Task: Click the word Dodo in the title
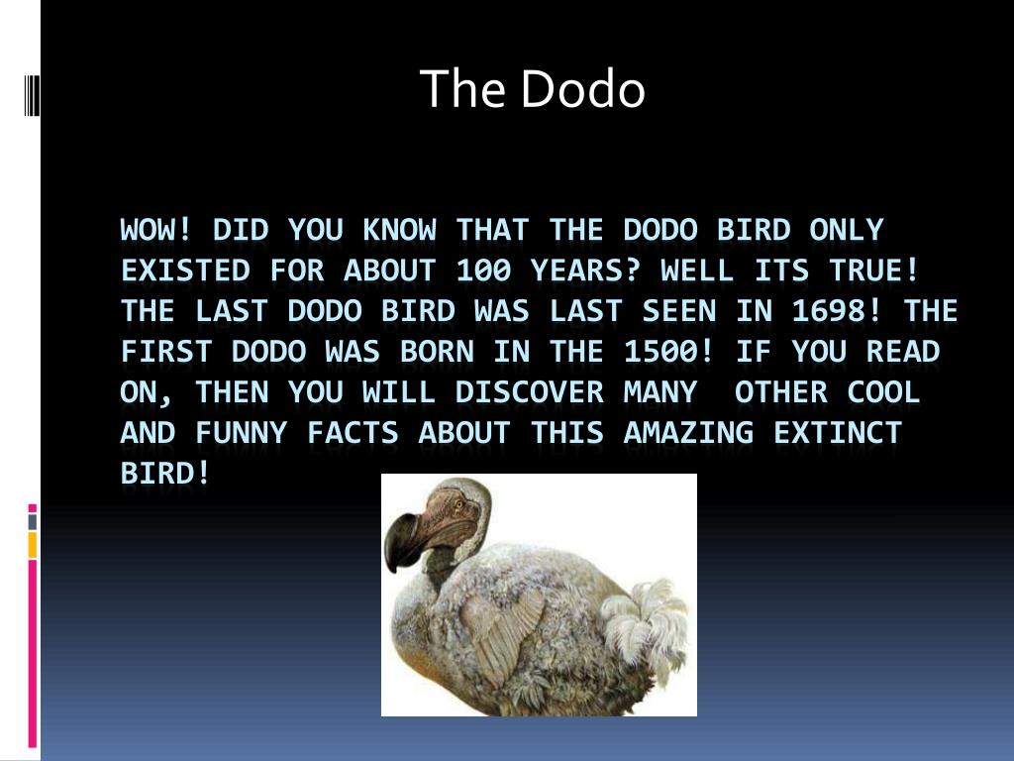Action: click(x=583, y=89)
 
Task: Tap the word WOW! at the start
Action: click(x=156, y=231)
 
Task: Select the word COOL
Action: click(x=883, y=393)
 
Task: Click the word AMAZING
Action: click(x=688, y=434)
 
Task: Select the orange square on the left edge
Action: click(x=33, y=544)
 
